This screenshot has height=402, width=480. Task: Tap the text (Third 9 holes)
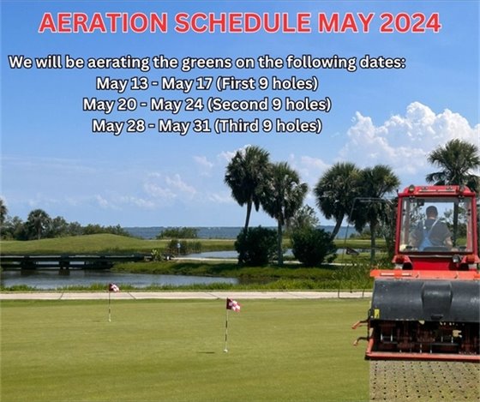pos(267,125)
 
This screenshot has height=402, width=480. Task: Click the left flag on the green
pos(113,288)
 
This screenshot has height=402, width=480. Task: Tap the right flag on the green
pos(232,304)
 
